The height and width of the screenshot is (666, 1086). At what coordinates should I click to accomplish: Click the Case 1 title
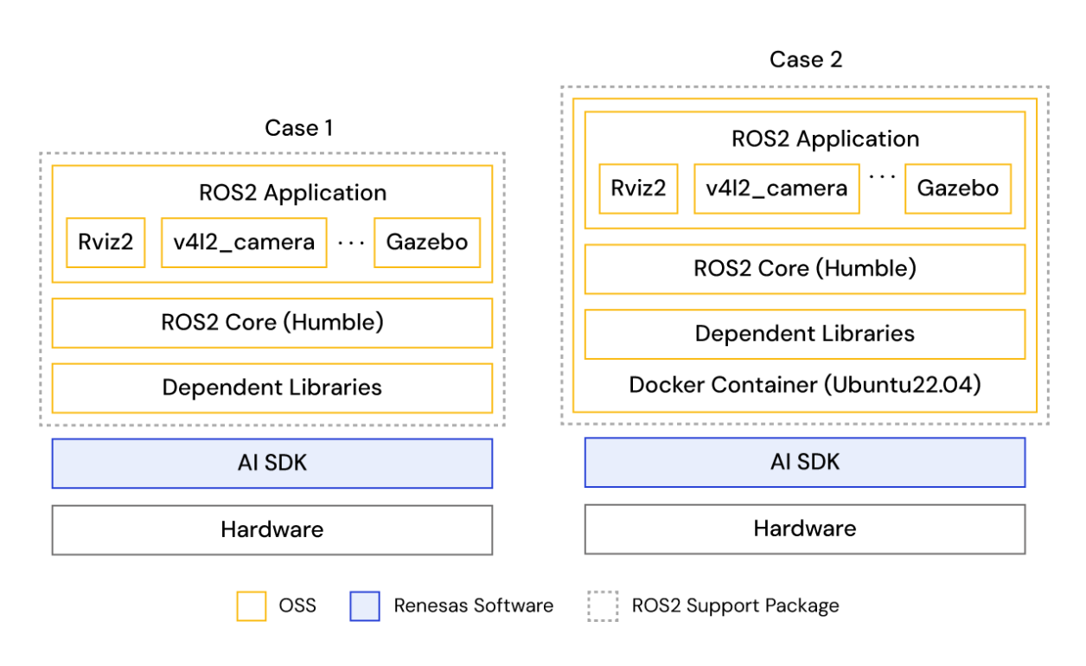[298, 128]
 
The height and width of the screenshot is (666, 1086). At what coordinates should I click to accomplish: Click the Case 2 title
[805, 60]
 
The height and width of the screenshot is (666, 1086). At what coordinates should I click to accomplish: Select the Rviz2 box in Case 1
[105, 242]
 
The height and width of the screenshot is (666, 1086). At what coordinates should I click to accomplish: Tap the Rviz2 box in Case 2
[638, 189]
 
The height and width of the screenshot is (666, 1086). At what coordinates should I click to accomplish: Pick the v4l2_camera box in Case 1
[243, 242]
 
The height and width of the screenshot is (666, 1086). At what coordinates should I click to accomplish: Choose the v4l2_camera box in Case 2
[776, 189]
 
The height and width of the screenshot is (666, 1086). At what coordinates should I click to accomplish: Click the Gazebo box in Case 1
[426, 242]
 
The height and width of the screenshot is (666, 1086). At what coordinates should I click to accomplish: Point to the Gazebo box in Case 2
[957, 189]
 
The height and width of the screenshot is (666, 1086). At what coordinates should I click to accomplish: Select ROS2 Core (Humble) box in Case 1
[271, 323]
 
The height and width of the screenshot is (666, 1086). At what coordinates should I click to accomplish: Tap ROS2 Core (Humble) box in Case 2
[804, 269]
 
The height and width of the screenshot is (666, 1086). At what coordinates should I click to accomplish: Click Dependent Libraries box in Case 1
[271, 387]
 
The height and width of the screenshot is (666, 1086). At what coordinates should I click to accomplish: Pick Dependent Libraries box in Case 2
[804, 334]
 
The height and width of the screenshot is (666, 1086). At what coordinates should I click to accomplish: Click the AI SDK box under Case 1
[271, 464]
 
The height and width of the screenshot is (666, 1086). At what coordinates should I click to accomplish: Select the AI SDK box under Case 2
[804, 463]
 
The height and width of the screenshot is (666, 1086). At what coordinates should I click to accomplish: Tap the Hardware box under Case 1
[271, 529]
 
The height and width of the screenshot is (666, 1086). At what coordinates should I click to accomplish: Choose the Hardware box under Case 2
[804, 529]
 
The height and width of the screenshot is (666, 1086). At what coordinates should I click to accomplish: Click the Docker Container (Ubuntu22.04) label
[804, 385]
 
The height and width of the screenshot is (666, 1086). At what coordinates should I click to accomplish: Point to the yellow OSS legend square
[251, 605]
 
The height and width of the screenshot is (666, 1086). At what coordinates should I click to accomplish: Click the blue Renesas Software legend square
[365, 605]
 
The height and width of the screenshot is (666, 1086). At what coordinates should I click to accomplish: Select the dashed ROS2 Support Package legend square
[603, 605]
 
